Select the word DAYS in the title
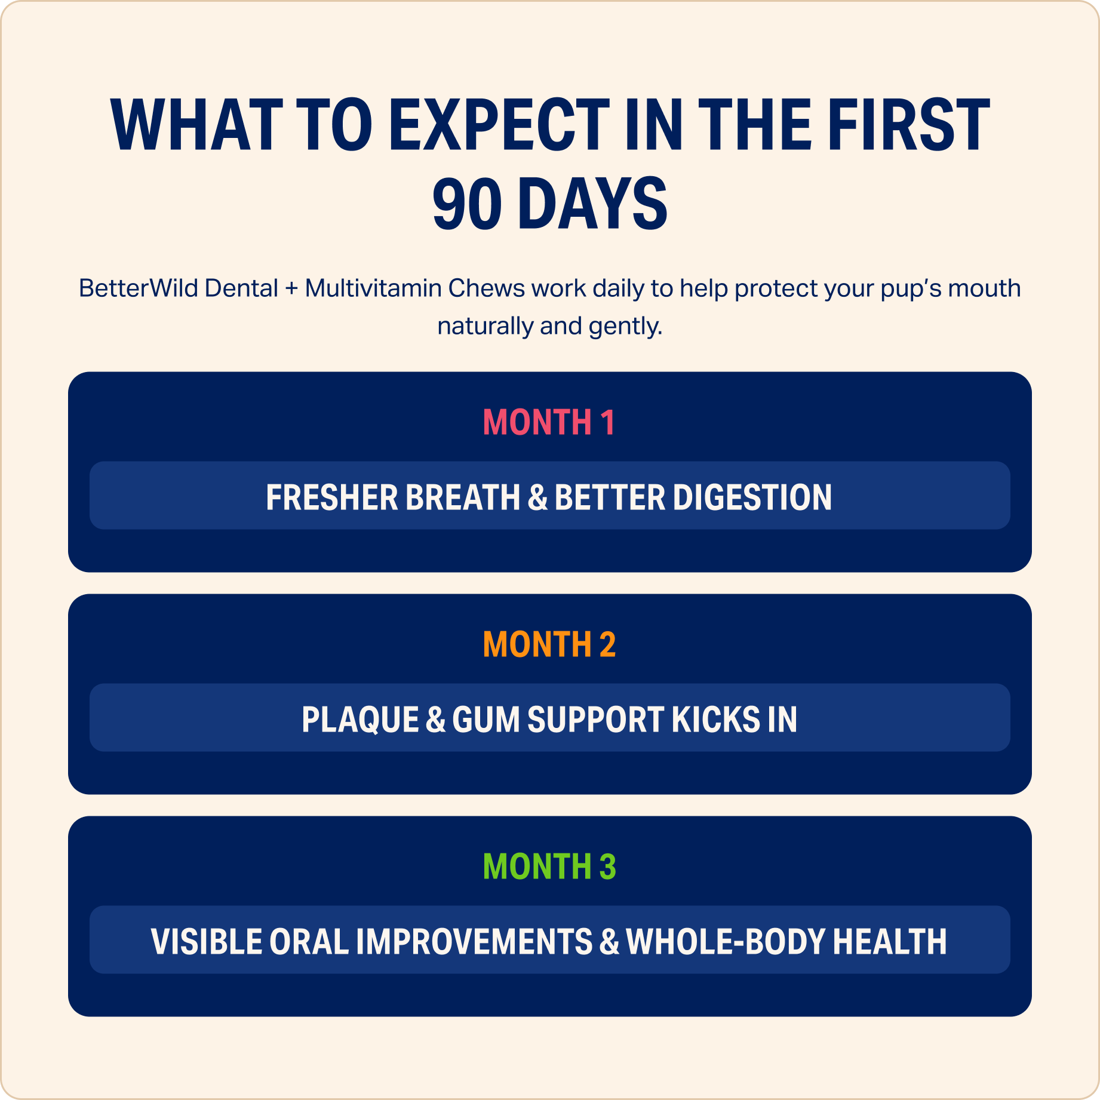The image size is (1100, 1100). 592,204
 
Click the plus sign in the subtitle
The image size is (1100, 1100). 291,289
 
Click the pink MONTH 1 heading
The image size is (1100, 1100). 549,422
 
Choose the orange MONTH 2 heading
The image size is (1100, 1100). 549,644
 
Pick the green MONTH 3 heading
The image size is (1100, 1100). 549,867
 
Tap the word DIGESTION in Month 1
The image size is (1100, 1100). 752,497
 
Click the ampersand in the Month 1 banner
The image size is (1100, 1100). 537,497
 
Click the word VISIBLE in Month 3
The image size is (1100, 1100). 206,942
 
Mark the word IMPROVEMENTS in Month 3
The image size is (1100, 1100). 474,942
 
